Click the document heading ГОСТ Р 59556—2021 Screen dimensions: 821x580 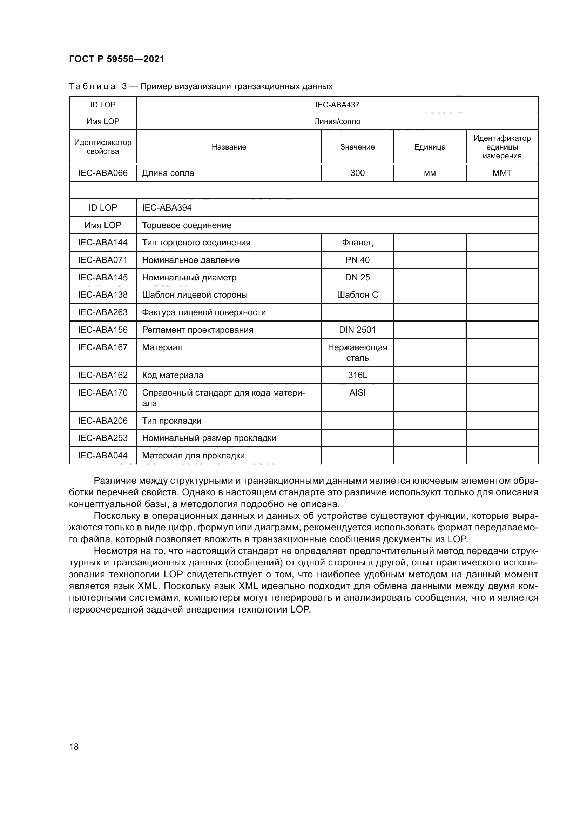(116, 59)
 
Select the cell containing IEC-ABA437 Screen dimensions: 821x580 (337, 105)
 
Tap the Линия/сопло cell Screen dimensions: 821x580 (337, 121)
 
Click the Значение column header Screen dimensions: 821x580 (357, 147)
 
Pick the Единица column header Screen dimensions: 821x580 (430, 147)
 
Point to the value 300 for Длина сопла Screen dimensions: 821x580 (357, 173)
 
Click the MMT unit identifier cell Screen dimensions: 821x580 (502, 173)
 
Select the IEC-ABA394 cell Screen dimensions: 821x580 (167, 208)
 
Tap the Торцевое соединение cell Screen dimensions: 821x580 (187, 225)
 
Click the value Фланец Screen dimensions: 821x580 (357, 243)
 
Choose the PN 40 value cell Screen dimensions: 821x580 (357, 260)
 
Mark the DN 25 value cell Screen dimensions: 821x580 (357, 278)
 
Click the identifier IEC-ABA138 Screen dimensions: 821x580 (103, 294)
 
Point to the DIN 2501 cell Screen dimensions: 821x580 (357, 330)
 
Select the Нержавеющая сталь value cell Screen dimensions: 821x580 (357, 352)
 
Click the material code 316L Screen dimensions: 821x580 (357, 375)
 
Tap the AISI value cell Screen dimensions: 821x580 (357, 393)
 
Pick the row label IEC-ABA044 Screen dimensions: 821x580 (103, 456)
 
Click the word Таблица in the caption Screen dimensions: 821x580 (92, 87)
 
